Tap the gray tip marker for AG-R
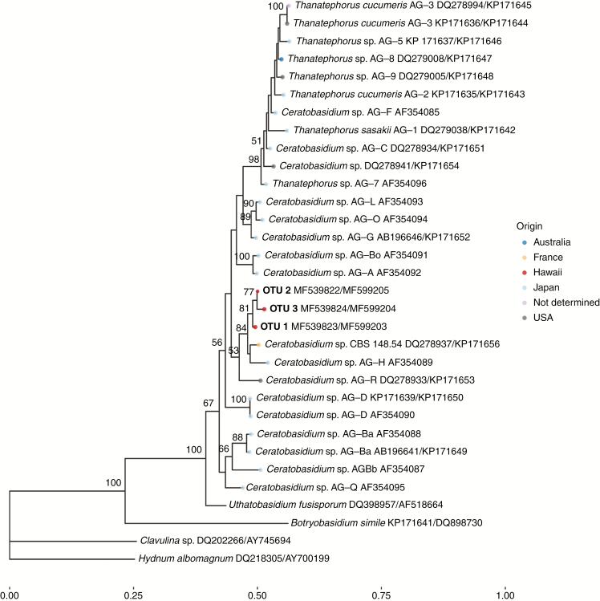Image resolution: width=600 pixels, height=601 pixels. tap(261, 380)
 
